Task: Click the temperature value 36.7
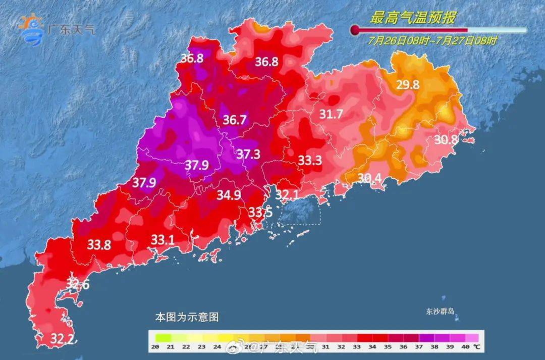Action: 235,120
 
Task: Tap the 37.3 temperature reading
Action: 248,155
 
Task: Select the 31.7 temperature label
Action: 331,114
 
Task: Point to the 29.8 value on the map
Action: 408,85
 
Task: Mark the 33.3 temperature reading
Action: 309,161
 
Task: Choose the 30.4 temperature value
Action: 370,178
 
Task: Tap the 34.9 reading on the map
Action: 229,194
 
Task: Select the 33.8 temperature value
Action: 99,245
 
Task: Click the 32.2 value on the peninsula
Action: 63,338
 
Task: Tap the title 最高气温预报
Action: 413,19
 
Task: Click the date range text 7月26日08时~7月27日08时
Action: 432,41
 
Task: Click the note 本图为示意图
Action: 186,318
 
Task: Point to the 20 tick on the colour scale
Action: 155,347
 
